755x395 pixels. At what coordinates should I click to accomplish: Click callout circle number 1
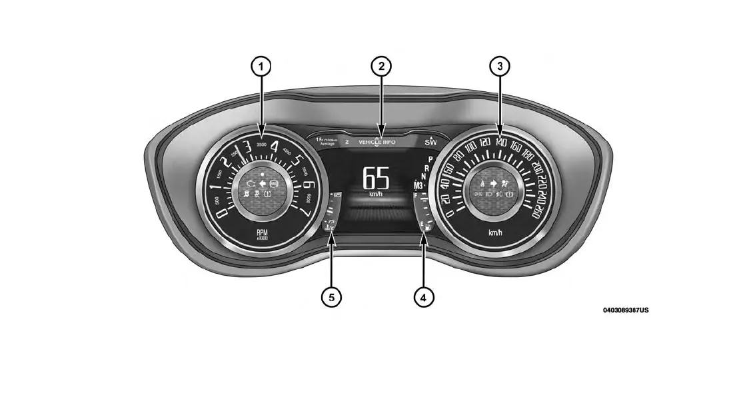pos(261,67)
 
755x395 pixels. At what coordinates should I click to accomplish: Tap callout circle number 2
pos(380,67)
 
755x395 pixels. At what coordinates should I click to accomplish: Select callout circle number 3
pos(500,67)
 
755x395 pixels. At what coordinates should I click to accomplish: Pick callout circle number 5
pos(331,296)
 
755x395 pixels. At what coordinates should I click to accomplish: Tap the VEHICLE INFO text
pos(377,142)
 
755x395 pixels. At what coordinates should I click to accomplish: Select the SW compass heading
pos(431,142)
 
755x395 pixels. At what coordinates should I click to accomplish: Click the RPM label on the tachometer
pos(262,233)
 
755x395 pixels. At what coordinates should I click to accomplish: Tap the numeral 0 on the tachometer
pos(223,214)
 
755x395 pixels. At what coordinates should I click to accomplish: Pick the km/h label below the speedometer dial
pos(495,232)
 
